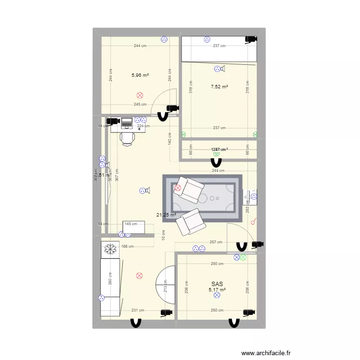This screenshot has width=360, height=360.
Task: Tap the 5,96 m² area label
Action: [x=140, y=75]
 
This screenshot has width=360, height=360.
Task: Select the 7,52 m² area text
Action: [x=219, y=87]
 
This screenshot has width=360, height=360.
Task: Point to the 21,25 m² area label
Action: [x=166, y=215]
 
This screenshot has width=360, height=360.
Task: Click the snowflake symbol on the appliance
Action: [x=111, y=249]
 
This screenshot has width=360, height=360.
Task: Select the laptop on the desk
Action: [x=127, y=123]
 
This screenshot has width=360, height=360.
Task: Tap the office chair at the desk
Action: [x=127, y=138]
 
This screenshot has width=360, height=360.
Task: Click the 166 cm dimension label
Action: [x=127, y=247]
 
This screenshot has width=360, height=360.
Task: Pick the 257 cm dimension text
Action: [x=216, y=242]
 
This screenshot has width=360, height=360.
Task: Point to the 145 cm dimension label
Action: [x=131, y=224]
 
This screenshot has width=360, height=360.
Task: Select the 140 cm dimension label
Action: [x=169, y=139]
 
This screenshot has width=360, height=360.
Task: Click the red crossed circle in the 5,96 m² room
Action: [x=140, y=96]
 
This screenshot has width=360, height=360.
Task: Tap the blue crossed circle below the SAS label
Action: [x=216, y=296]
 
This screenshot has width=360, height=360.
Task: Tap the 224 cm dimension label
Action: [x=140, y=126]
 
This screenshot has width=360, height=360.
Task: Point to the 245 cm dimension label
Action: [x=140, y=105]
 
